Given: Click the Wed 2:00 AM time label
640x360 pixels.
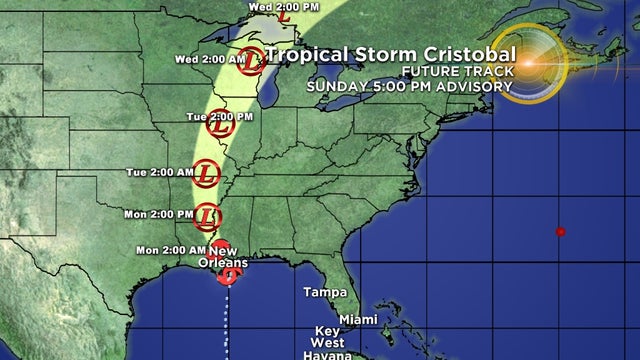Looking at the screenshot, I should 210,59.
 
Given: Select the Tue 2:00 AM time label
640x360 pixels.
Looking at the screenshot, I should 161,172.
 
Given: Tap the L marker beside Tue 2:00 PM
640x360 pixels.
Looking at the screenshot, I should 219,126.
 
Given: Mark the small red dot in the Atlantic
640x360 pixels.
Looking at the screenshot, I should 561,232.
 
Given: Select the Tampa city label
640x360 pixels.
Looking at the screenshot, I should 326,293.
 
